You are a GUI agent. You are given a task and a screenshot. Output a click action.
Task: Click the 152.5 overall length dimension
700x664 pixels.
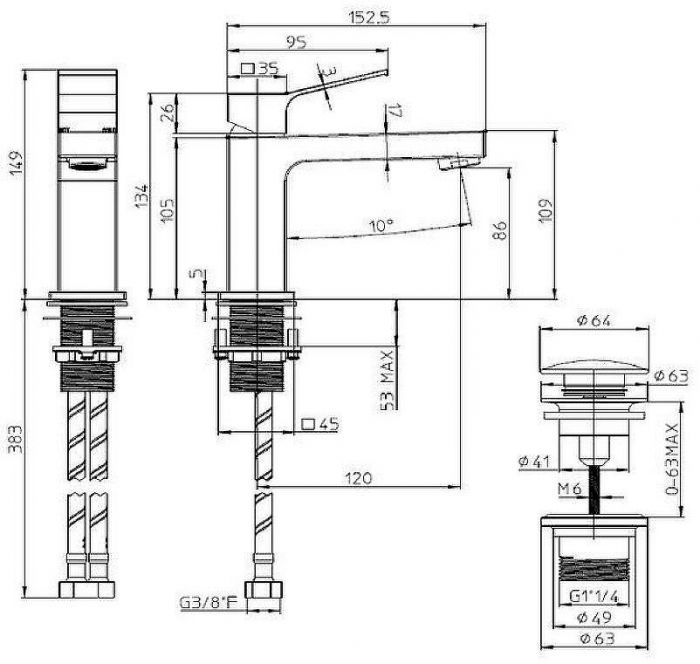pos(369,17)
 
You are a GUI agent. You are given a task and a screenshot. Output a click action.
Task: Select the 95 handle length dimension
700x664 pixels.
pos(296,42)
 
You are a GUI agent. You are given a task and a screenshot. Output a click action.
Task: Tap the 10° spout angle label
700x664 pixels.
pos(381,226)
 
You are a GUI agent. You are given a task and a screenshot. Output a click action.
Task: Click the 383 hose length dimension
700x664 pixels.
pos(16,439)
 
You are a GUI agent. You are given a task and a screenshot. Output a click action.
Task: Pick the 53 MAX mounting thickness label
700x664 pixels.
pos(388,380)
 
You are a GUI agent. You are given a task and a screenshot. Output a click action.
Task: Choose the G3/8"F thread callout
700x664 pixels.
pos(208,603)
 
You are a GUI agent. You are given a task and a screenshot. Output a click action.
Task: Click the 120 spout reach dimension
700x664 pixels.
pos(358,478)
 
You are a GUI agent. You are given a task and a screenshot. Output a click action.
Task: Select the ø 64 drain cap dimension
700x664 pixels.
pos(593,320)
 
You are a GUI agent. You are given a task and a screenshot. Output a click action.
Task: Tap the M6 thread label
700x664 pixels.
pos(570,489)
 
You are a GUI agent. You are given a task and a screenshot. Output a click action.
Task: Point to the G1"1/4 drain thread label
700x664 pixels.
pos(594,596)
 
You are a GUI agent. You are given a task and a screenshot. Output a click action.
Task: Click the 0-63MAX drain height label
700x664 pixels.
pos(672,459)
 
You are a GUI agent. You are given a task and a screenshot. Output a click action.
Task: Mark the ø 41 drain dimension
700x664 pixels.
pos(534,461)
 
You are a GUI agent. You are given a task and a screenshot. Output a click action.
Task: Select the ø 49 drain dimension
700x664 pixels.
pos(594,618)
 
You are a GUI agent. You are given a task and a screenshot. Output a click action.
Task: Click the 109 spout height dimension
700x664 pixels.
pos(546,210)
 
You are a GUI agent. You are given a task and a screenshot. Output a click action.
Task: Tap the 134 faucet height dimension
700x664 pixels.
pos(142,195)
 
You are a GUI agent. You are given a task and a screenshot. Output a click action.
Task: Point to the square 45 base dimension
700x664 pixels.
pos(320,424)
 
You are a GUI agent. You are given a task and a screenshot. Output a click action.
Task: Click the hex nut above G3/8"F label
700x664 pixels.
pos(264,589)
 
